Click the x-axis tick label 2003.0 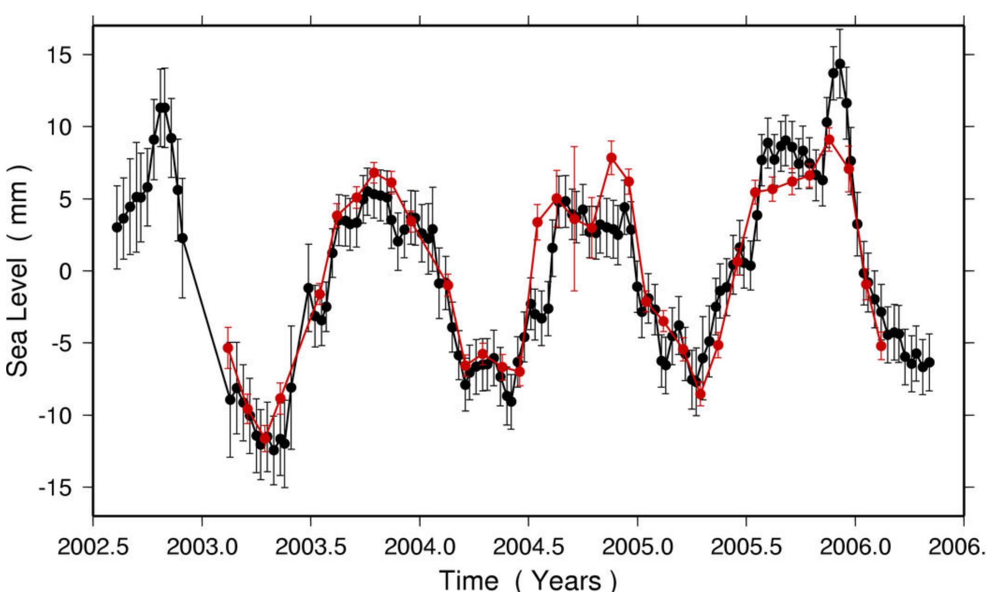click(202, 546)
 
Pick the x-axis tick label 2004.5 click(528, 546)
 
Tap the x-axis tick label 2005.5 click(746, 546)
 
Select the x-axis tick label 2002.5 click(93, 546)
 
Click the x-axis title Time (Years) click(528, 579)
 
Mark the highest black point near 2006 click(840, 64)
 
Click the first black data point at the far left click(117, 227)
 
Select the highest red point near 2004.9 click(612, 157)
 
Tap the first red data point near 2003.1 click(228, 348)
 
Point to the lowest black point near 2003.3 click(274, 450)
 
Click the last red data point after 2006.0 click(881, 345)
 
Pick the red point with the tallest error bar click(574, 219)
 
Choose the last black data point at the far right click(930, 362)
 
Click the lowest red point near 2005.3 click(700, 394)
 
